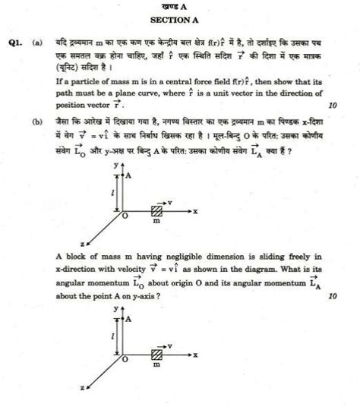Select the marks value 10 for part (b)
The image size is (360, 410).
[331, 296]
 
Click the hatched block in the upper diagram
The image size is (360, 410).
[158, 210]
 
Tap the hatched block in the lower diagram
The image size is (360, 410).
[158, 355]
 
